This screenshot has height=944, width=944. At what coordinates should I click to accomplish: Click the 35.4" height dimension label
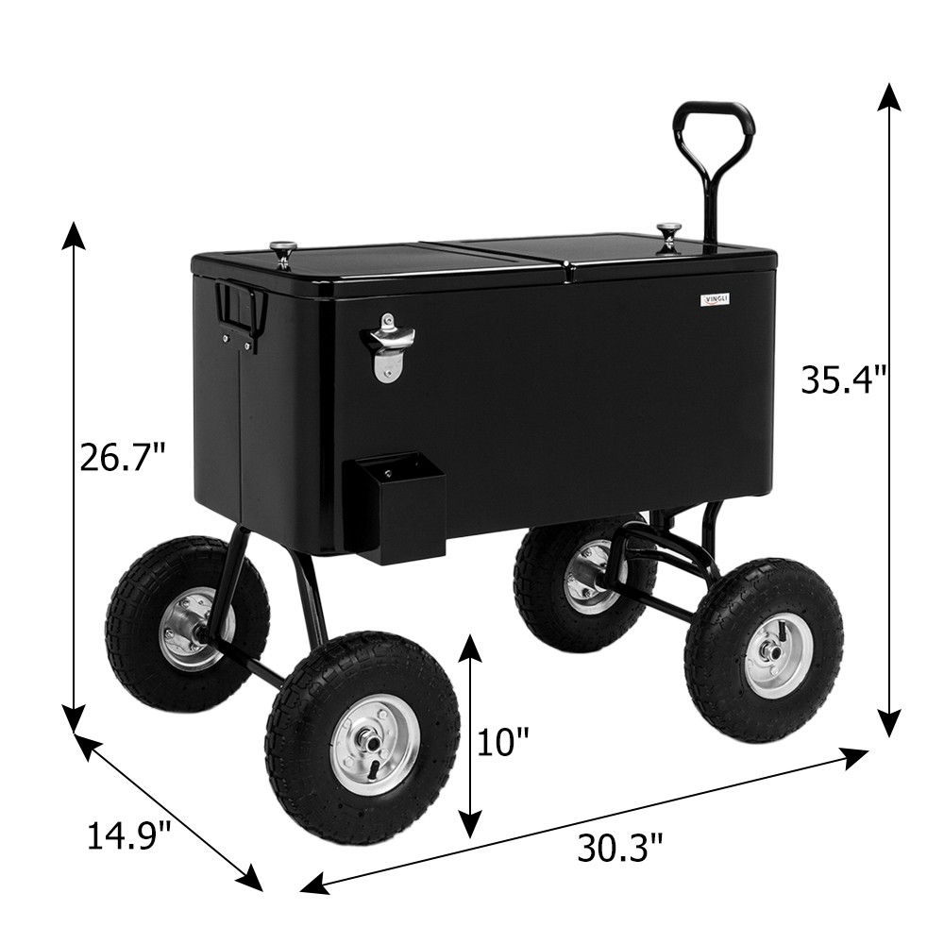(844, 380)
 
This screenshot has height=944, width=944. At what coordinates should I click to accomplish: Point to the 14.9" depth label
(129, 835)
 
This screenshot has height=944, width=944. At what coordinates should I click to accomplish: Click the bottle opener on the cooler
(387, 346)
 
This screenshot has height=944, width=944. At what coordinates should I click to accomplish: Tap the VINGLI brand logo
(716, 299)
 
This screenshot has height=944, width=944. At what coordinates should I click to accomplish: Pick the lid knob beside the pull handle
(668, 234)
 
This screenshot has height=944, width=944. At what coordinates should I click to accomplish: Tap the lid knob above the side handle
(282, 252)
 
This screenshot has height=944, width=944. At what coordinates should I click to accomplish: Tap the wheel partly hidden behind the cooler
(576, 583)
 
